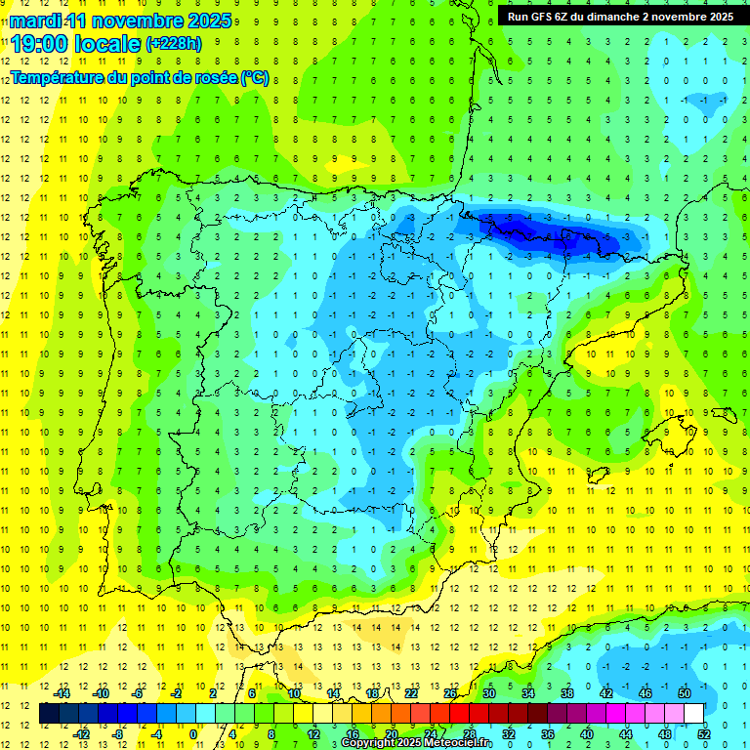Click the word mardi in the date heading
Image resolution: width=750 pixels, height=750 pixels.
[x=33, y=21]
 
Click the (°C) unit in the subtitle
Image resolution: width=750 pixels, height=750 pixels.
[x=254, y=78]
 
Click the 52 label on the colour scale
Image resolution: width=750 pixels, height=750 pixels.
[x=703, y=733]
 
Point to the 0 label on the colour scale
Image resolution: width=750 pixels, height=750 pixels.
[x=193, y=733]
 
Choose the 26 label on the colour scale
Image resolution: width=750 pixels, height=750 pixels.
[x=450, y=692]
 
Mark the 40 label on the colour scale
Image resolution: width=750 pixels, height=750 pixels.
[x=586, y=733]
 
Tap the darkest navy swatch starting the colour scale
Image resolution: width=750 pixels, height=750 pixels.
[x=49, y=714]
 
